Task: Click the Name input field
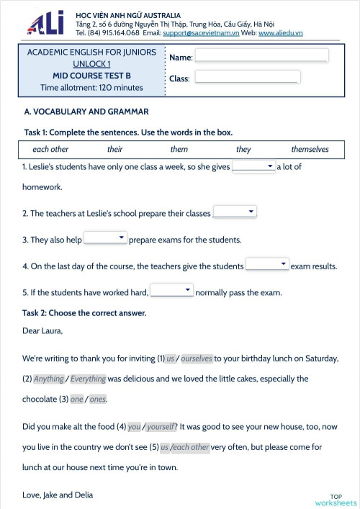coord(261,55)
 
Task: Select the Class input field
coord(247,77)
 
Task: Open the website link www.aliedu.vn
coord(280,33)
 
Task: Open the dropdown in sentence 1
coord(253,166)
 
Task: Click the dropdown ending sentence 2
coord(235,212)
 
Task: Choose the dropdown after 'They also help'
coord(105,238)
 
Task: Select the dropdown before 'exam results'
coord(267,264)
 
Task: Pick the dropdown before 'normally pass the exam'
coord(171,291)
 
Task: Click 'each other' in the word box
coord(50,149)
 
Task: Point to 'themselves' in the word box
coord(310,149)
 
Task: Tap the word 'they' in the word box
coord(243,149)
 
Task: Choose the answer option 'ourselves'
coord(196,358)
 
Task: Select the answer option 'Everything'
coord(88,379)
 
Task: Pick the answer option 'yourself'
coord(161,426)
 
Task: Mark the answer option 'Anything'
coord(49,379)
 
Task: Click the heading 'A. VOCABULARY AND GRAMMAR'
coord(86,112)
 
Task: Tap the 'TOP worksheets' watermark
coord(336,500)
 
